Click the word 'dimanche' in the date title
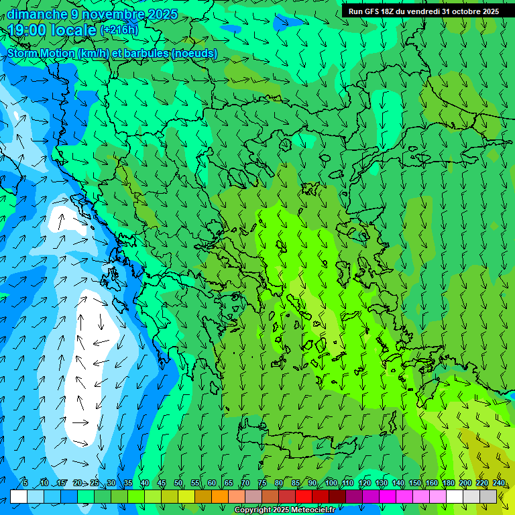37,14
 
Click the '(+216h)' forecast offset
119,30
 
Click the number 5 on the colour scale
25,483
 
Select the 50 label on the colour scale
178,483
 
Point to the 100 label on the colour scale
331,483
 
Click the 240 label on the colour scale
499,483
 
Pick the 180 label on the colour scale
448,483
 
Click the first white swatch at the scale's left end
19,496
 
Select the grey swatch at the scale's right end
489,496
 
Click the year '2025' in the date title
163,14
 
